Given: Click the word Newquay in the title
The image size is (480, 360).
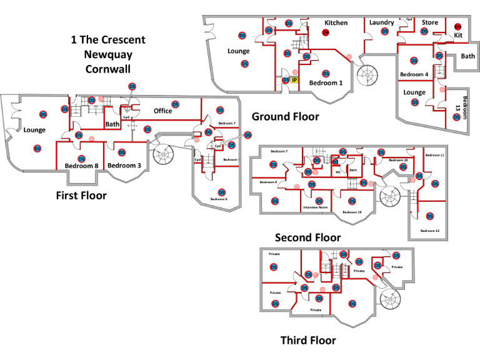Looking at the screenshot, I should point(107,54).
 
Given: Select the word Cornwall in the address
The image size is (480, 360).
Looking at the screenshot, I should point(107,69).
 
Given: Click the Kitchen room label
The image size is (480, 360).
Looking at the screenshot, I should point(336,23).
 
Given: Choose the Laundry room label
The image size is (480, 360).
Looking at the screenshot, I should point(381,23).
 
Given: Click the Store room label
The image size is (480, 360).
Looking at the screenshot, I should point(429,22).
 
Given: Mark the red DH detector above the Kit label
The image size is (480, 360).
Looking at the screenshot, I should point(457,26).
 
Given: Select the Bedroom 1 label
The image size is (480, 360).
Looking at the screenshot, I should point(326,83).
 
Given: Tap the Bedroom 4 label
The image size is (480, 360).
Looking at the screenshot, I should point(414,75).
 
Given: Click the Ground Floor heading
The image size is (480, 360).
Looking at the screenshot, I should point(285,116).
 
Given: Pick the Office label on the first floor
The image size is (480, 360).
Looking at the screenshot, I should point(162,111).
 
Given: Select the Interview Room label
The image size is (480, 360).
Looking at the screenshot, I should point(315,207).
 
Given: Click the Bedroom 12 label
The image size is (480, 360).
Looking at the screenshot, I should point(430,231).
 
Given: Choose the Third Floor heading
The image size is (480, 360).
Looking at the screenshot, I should point(307,341).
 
